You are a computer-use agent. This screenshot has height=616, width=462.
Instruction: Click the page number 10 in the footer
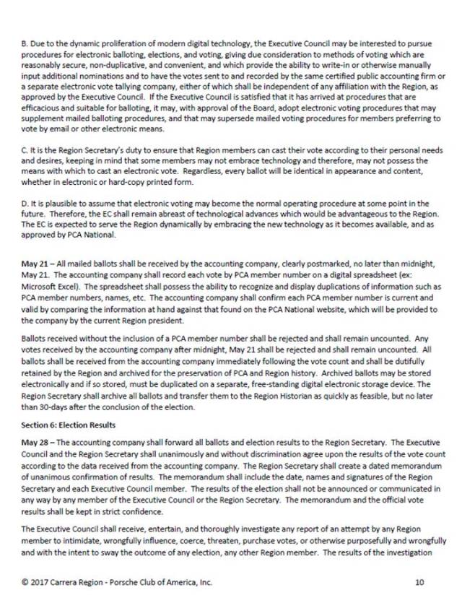pyautogui.click(x=420, y=582)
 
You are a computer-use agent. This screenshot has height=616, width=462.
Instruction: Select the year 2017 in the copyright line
pyautogui.click(x=42, y=582)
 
